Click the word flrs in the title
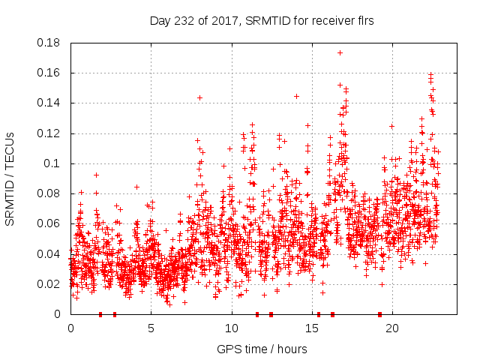[364, 21]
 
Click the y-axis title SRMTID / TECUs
[10, 178]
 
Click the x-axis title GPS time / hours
[262, 349]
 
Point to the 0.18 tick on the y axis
[50, 43]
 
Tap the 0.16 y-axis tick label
[50, 73]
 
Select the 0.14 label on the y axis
[50, 103]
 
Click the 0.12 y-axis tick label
[50, 133]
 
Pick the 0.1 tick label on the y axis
[53, 163]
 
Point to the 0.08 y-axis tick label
[50, 193]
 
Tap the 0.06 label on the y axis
[50, 223]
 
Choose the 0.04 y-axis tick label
[50, 253]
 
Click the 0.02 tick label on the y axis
[50, 283]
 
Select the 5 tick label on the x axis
[151, 328]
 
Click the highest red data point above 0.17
[340, 52]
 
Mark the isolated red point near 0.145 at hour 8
[199, 97]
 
